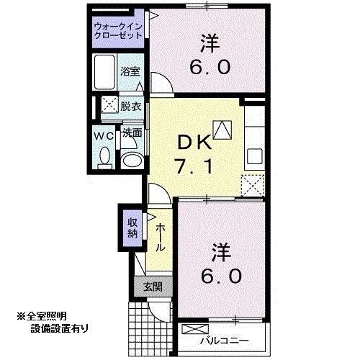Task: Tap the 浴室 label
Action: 130,73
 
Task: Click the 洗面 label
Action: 130,133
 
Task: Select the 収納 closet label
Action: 133,228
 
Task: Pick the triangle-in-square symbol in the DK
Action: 222,129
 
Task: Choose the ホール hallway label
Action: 158,235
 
